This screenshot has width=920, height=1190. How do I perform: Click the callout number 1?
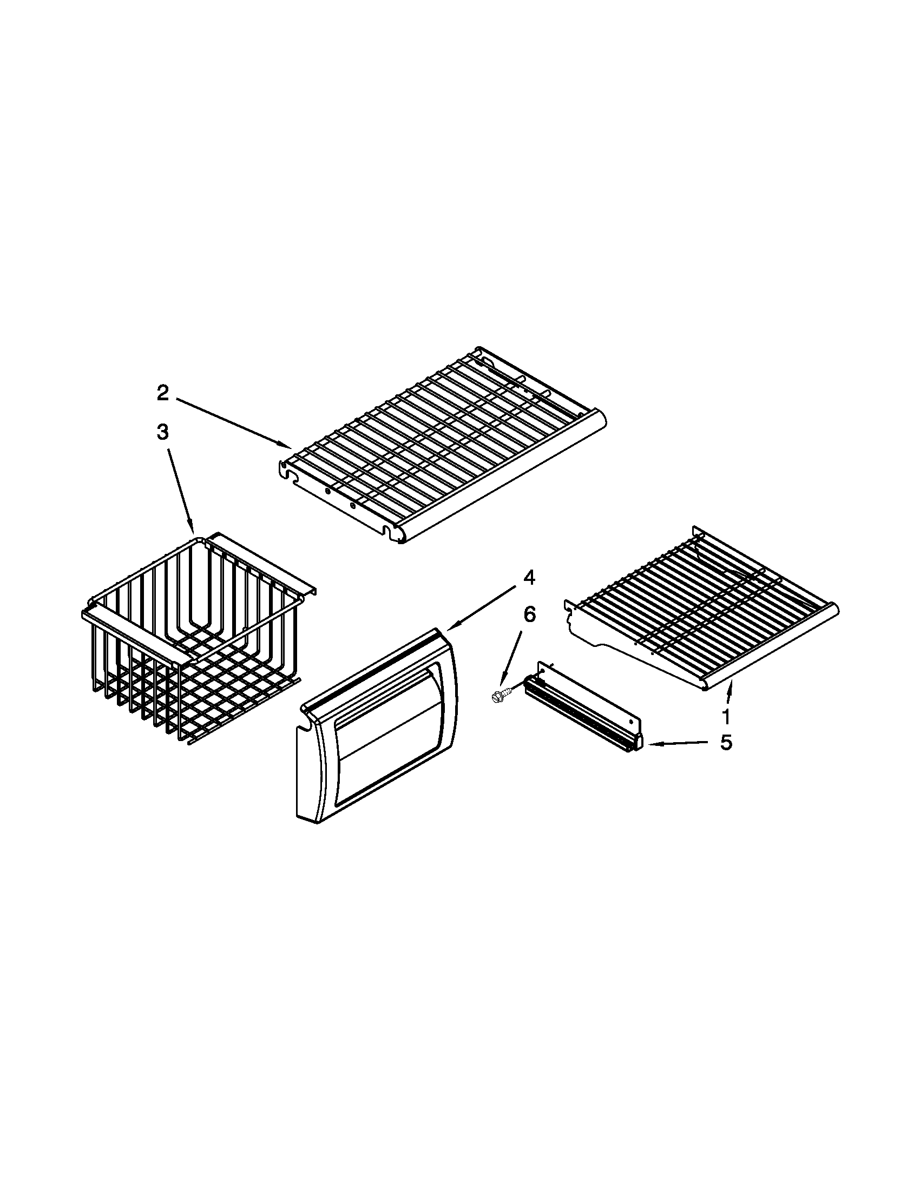coord(725,718)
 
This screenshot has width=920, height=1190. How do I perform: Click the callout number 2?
coord(163,393)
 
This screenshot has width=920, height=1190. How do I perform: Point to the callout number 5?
coord(726,743)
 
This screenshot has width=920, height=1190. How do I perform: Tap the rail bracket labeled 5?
coord(583,709)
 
